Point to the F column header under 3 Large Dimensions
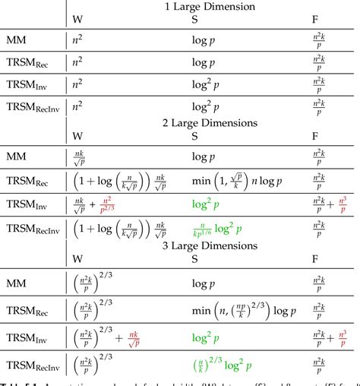coord(315,258)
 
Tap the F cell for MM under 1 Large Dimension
coord(319,40)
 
